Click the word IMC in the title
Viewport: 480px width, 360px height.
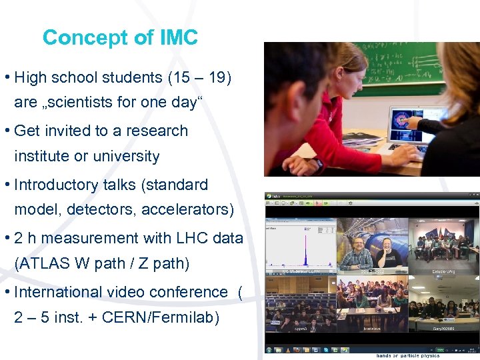tap(179, 37)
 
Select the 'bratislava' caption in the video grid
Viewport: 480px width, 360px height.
tap(371, 329)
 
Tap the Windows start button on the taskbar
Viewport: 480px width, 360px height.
tap(269, 350)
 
